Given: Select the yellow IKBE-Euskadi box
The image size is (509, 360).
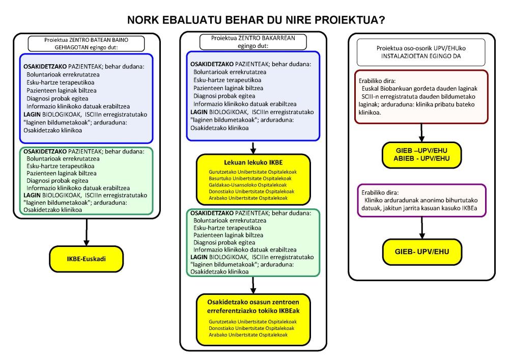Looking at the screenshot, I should [x=87, y=259].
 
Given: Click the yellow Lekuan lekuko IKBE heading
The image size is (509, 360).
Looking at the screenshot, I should [x=253, y=164].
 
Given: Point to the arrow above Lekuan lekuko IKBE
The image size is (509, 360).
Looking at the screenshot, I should [x=253, y=147].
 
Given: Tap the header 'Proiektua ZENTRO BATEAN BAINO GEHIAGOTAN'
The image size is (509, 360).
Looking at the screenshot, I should [x=87, y=45].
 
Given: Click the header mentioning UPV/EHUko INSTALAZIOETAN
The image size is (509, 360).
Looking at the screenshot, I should [x=420, y=52].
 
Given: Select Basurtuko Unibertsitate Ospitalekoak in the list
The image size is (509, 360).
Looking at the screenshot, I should [x=253, y=179].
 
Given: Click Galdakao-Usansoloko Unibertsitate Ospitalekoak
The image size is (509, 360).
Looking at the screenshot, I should [x=253, y=185].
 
